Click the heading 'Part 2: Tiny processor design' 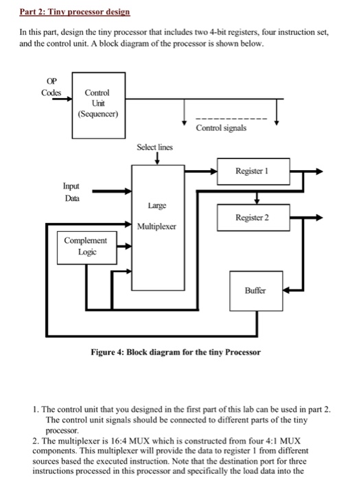(x=67, y=12)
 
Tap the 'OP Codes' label (x=51, y=87)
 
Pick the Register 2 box (x=253, y=217)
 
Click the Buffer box (x=255, y=291)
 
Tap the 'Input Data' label (x=71, y=191)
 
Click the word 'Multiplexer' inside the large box (x=156, y=226)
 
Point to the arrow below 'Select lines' (x=157, y=159)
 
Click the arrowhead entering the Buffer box (x=285, y=289)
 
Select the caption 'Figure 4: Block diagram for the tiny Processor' (x=176, y=352)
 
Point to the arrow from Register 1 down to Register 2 (x=257, y=197)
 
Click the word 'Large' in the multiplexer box (x=154, y=204)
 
